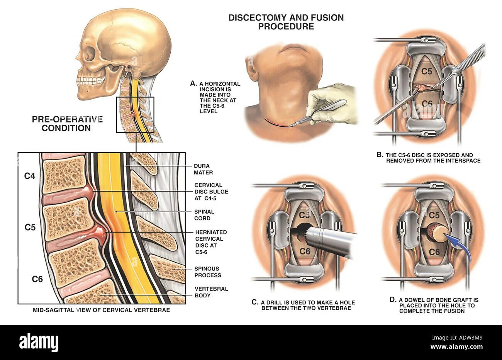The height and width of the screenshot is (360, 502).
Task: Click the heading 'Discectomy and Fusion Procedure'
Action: click(x=286, y=22)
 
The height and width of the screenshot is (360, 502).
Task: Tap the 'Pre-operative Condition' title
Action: click(x=67, y=124)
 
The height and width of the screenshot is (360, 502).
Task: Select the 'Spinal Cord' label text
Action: click(x=204, y=215)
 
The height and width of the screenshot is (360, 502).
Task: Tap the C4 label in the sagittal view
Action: click(x=30, y=176)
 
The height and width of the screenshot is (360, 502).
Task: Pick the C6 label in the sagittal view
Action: click(x=37, y=278)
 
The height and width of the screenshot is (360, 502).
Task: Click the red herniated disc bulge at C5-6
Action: click(x=100, y=233)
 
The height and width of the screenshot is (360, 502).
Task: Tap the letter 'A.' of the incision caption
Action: click(x=193, y=83)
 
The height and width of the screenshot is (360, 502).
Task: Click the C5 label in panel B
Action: click(x=426, y=71)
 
